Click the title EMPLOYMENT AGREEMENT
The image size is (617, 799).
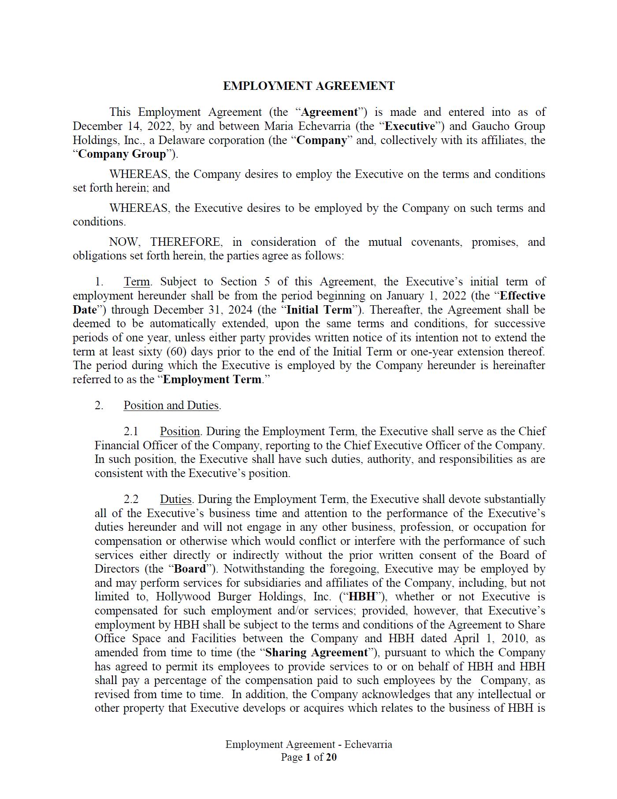[x=308, y=86]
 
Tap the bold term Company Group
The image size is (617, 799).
[x=122, y=154]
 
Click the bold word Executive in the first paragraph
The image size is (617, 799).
[x=410, y=126]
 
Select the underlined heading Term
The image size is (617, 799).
[x=137, y=282]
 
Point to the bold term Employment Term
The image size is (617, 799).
[x=212, y=380]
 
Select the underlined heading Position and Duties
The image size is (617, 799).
[x=171, y=406]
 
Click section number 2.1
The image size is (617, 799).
[x=131, y=432]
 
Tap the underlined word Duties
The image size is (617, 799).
[x=175, y=499]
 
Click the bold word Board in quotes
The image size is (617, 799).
[x=190, y=569]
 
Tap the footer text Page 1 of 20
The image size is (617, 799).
[x=308, y=757]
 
